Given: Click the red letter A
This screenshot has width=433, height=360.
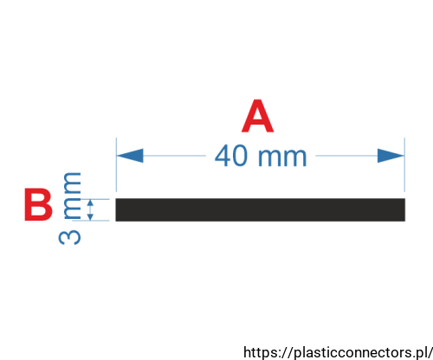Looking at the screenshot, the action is point(257,116).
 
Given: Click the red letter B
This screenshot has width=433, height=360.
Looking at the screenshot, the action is point(38,204).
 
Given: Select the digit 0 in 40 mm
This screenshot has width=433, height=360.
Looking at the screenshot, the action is point(239,156).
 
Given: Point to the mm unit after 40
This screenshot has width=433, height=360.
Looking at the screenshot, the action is point(282,157).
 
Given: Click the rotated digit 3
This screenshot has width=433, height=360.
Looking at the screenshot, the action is point(69,237).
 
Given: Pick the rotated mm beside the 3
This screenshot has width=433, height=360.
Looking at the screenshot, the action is point(72,196).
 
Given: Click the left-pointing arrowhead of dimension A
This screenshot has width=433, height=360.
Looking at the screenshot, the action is point(130,156).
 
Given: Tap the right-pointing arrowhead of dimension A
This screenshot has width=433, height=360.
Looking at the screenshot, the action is point(391,156).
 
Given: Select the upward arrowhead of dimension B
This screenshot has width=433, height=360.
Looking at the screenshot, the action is point(90,203).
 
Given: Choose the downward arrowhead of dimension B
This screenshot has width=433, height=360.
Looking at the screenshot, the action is point(90,216).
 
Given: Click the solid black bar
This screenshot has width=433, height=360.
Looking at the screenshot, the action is point(261,209).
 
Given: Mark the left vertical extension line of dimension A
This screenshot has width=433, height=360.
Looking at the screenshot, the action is point(116,164).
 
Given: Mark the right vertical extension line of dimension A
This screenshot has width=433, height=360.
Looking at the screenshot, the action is point(404,164).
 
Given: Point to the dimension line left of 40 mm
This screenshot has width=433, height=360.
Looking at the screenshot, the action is point(175,156).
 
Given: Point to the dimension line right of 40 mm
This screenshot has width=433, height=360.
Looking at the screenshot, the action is point(346,156).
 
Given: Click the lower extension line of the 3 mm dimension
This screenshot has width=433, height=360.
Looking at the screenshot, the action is point(91,221).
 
